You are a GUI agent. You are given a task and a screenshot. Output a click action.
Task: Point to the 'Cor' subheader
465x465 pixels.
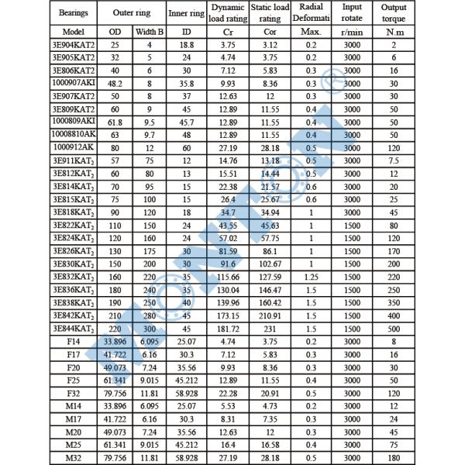pos(270,32)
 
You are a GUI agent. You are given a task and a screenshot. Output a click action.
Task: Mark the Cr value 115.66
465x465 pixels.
pos(228,276)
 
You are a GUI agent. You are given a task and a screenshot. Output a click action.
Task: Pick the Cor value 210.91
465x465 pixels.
pos(270,315)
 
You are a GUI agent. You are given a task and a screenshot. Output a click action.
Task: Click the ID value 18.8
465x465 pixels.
pos(186,45)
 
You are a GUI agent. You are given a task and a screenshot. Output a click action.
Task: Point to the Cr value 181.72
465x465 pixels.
pos(228,327)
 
